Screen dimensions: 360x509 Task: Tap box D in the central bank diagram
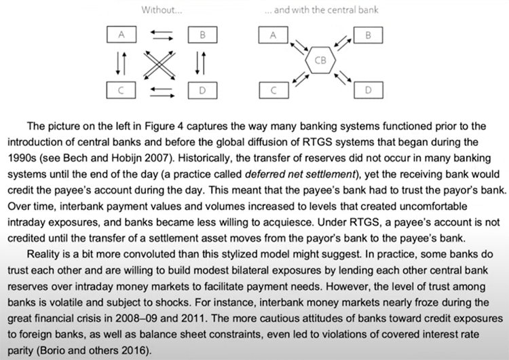(x=368, y=89)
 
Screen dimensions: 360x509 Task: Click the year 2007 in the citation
(x=180, y=156)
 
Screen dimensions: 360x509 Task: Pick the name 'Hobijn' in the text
(x=147, y=156)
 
